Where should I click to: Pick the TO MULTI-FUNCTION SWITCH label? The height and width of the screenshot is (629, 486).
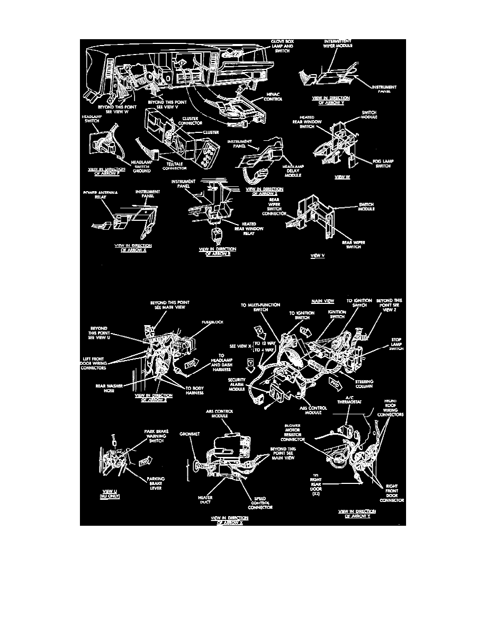(x=260, y=307)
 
